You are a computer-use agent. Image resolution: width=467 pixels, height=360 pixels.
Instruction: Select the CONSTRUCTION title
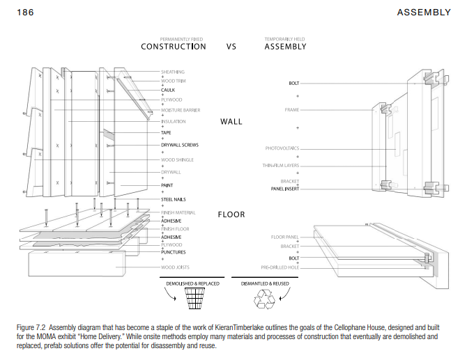174,47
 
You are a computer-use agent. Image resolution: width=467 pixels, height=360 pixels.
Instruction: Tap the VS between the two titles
232,47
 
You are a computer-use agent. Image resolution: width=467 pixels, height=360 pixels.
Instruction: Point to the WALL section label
231,121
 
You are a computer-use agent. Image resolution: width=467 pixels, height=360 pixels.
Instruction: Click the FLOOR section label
231,214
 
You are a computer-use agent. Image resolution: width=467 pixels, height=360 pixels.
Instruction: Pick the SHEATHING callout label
173,72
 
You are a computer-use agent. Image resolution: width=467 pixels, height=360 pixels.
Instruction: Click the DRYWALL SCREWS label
181,145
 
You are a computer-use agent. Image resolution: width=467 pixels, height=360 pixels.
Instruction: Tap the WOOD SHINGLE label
177,160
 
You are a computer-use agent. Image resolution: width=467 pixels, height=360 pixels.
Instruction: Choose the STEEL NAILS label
174,200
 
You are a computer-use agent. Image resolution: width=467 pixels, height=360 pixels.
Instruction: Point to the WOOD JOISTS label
175,267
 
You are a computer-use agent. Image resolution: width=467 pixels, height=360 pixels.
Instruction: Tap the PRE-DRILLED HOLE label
280,267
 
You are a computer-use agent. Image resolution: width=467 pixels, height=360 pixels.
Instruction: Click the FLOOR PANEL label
284,237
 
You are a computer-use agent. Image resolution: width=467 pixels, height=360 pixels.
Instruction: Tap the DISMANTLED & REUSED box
269,283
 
